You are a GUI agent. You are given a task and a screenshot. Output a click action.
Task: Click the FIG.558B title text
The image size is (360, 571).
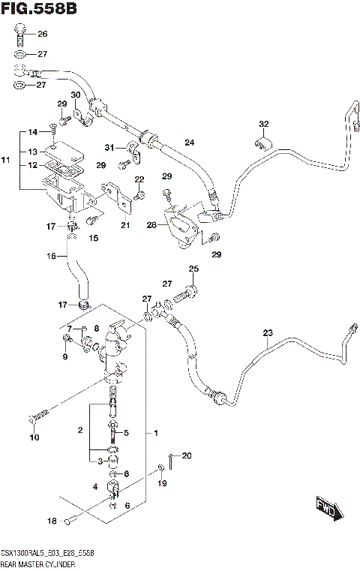(39, 9)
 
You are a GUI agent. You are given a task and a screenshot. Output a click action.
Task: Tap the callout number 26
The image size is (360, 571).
(42, 34)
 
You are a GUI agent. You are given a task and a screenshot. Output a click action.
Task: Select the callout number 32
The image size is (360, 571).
(263, 124)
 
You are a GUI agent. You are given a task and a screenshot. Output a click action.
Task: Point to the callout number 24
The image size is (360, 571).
(189, 143)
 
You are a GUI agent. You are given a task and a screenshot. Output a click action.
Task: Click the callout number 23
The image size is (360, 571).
(268, 333)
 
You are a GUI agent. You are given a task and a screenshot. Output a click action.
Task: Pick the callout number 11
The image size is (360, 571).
(6, 161)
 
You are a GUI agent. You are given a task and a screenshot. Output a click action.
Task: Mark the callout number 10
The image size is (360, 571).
(33, 437)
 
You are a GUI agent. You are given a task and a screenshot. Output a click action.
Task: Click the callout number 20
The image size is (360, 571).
(187, 455)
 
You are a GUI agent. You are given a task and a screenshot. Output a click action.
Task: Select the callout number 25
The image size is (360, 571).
(193, 269)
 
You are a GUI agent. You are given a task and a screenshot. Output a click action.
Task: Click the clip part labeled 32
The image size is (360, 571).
(263, 143)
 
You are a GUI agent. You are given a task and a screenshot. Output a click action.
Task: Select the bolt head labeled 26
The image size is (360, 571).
(21, 32)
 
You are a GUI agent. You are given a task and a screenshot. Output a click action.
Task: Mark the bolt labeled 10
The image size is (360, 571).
(40, 413)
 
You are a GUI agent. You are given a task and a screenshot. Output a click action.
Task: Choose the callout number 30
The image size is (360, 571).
(75, 95)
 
